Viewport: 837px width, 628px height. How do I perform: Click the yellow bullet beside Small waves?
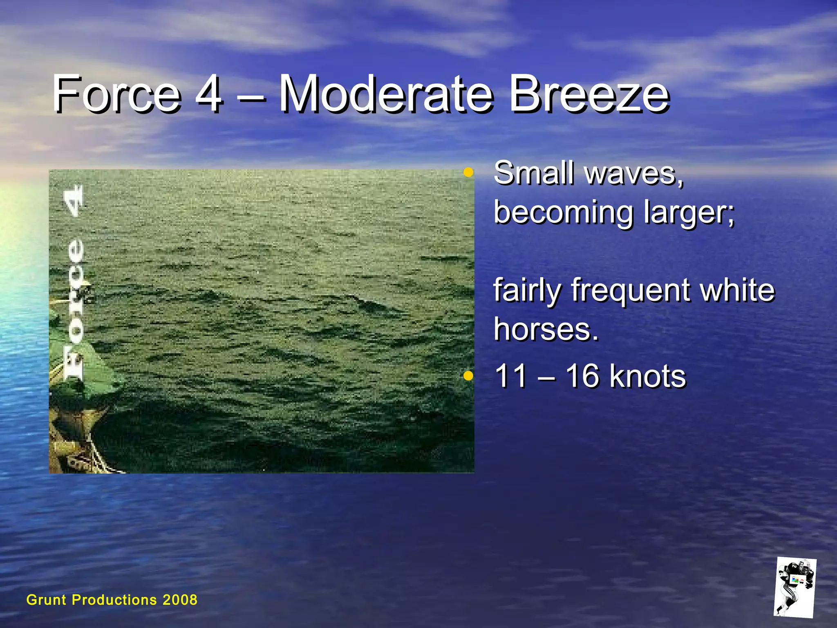coord(468,172)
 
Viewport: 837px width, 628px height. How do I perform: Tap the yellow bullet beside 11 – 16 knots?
coord(468,375)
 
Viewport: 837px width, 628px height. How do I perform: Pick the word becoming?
coord(564,213)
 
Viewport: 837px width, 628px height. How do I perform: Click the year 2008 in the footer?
coord(180,600)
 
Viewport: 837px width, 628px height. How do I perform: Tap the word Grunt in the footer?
coord(46,600)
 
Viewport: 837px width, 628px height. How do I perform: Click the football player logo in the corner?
coord(795,587)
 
